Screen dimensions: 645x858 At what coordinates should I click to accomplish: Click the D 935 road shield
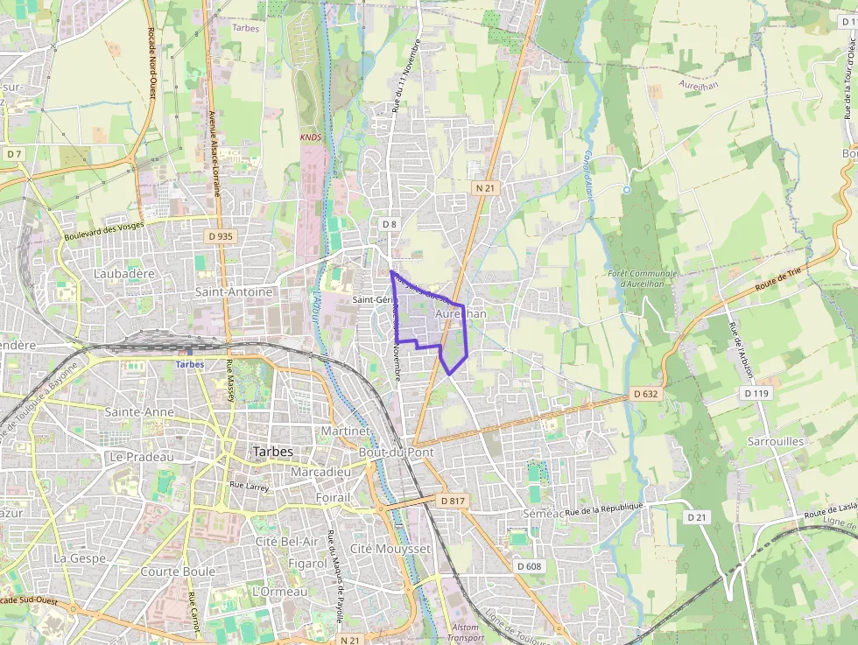tap(221, 236)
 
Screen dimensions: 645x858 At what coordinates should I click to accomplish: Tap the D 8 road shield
tap(390, 224)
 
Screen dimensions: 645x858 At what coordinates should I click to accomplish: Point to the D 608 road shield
tap(529, 566)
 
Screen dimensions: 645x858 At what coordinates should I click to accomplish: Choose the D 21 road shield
tap(696, 517)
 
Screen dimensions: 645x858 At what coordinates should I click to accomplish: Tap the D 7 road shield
tap(13, 154)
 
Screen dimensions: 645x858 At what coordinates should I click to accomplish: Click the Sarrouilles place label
tap(775, 442)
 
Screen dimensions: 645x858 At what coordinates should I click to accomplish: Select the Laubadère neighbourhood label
tap(123, 274)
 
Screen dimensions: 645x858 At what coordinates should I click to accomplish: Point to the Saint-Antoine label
tap(234, 291)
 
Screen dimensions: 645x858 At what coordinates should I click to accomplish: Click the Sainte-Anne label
tap(138, 411)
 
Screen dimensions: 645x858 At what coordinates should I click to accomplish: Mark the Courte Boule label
tap(178, 571)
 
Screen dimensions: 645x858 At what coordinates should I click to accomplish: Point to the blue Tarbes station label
tap(189, 364)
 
